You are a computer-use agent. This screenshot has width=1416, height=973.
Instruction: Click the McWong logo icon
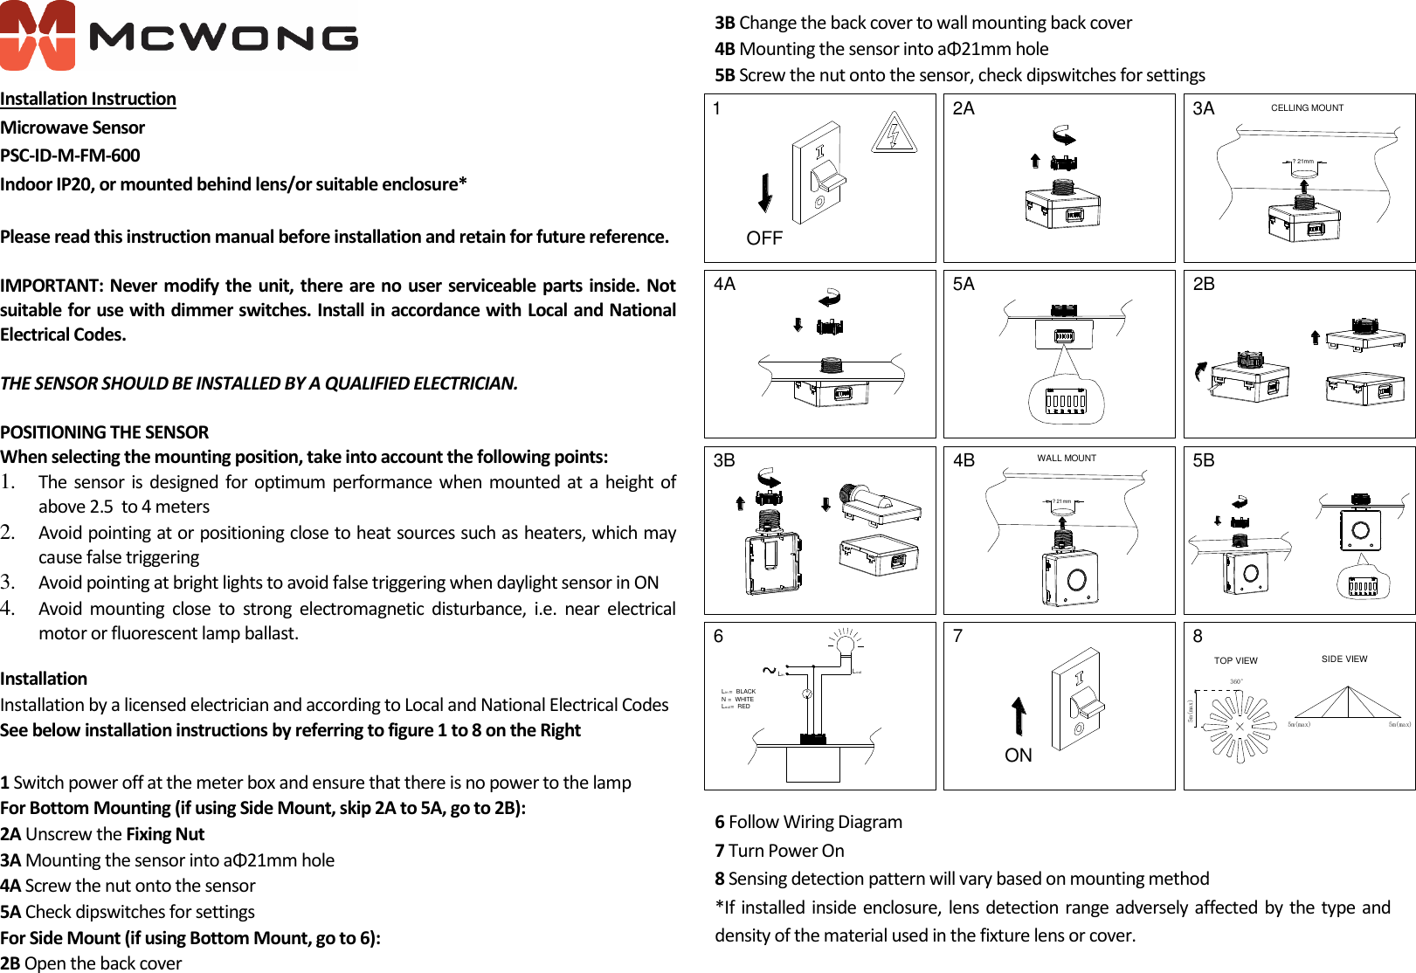tap(38, 35)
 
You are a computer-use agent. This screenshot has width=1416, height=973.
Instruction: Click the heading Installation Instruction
tap(88, 99)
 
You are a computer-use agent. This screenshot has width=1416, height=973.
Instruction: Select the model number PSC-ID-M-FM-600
tap(70, 155)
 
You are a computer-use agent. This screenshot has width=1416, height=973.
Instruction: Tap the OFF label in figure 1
tap(764, 238)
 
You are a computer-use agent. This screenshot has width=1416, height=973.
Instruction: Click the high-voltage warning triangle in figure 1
tap(894, 134)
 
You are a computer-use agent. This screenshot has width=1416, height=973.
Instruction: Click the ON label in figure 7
tap(1019, 756)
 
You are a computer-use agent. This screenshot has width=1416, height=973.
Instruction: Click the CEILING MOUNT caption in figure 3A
tap(1307, 108)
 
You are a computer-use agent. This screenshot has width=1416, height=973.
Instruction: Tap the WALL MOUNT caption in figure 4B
tap(1067, 458)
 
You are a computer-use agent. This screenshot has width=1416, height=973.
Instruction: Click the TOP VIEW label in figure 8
tap(1235, 660)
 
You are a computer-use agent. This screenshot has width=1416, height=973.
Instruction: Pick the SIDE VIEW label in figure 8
tap(1344, 659)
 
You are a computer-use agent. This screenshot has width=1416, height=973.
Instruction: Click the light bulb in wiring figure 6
tap(845, 645)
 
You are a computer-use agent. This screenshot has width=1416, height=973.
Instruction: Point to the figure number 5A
tap(964, 284)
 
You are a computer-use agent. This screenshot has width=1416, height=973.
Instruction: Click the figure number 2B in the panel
tap(1204, 284)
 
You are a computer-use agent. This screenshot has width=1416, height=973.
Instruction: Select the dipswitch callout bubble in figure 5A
tap(1067, 401)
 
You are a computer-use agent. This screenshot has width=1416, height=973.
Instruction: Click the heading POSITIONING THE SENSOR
tap(105, 432)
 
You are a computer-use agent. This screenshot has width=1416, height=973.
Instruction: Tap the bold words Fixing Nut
tap(165, 834)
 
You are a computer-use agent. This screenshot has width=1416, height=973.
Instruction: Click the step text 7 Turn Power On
tap(780, 851)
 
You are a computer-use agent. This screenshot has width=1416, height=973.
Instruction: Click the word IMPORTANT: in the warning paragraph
tap(52, 286)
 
